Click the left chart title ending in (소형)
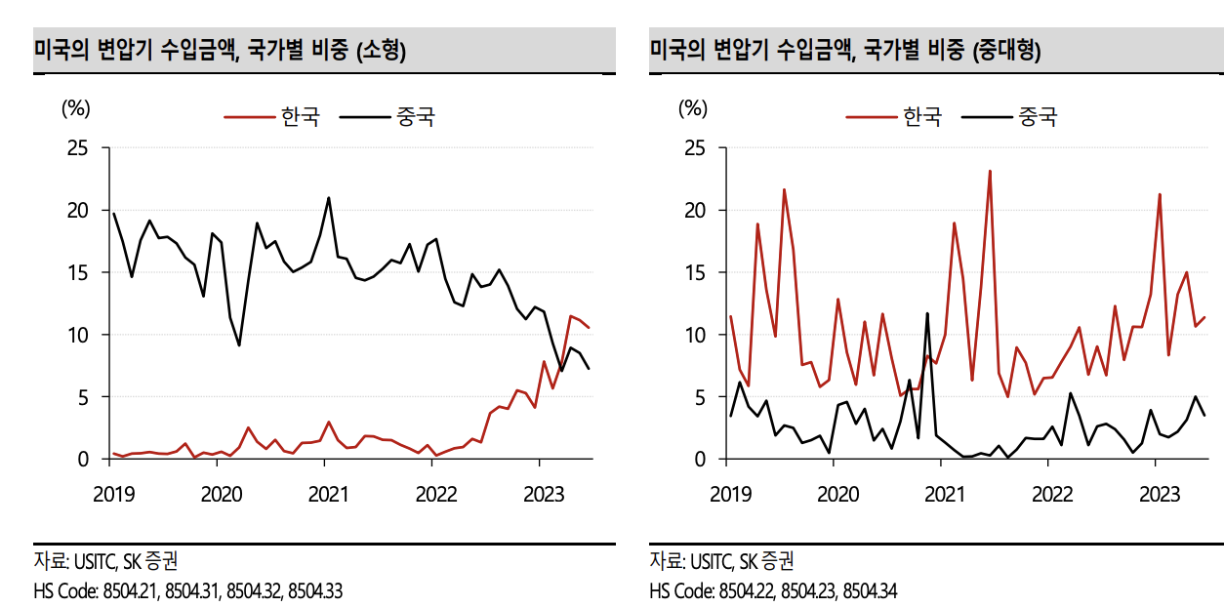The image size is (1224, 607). click(x=220, y=50)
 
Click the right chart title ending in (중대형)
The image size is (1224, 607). click(x=845, y=50)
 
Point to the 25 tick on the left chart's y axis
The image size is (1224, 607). click(x=75, y=148)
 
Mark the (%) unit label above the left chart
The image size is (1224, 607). click(x=75, y=108)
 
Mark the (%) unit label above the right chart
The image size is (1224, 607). click(x=692, y=108)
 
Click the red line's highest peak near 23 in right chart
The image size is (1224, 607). click(x=990, y=172)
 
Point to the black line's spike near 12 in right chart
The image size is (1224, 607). click(x=927, y=313)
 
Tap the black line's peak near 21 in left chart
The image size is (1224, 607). click(x=328, y=198)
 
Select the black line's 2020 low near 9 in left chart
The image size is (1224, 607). click(x=239, y=345)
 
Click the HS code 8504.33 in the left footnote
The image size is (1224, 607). click(x=315, y=591)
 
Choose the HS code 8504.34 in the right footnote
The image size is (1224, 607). click(x=870, y=591)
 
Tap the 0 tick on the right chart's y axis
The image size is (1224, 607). click(x=698, y=459)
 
